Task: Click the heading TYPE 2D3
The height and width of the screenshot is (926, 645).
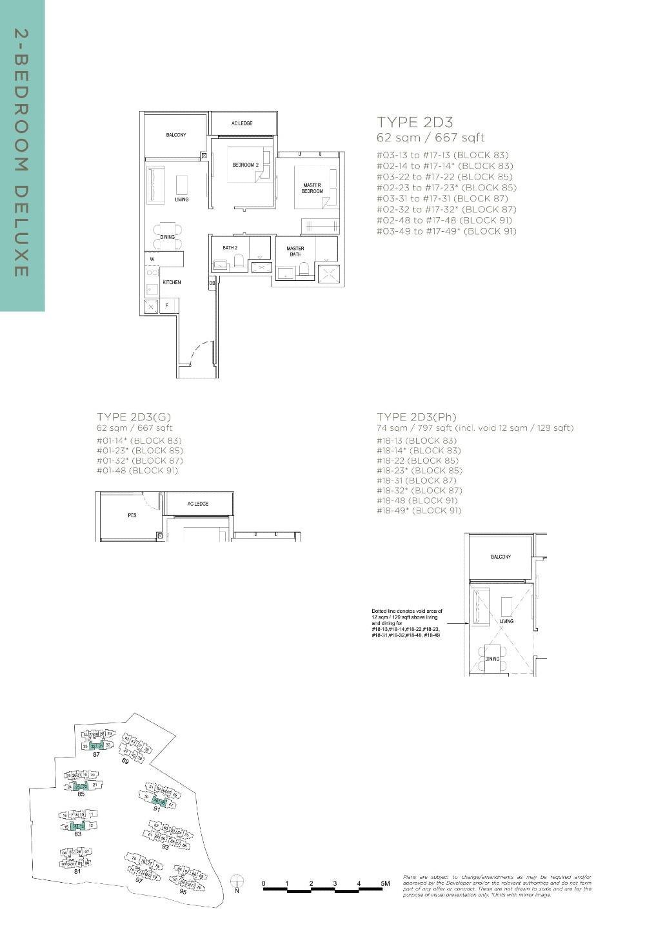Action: pyautogui.click(x=415, y=122)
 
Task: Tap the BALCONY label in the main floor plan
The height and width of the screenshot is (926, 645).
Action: pyautogui.click(x=175, y=135)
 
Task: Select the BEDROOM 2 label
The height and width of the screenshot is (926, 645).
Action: pyautogui.click(x=245, y=165)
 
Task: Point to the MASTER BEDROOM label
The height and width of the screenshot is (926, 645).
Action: pyautogui.click(x=312, y=189)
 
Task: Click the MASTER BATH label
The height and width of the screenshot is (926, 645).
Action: pyautogui.click(x=295, y=251)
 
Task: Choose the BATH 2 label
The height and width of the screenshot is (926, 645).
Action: pyautogui.click(x=230, y=248)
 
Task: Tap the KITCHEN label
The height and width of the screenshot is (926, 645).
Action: pyautogui.click(x=172, y=283)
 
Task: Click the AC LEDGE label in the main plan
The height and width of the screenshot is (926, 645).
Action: pyautogui.click(x=242, y=123)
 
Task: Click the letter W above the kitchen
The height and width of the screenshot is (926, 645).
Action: pyautogui.click(x=152, y=260)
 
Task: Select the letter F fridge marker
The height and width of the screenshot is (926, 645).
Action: pyautogui.click(x=168, y=305)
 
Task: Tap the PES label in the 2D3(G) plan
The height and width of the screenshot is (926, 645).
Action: pyautogui.click(x=132, y=515)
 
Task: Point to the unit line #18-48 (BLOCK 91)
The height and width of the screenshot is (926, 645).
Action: pyautogui.click(x=417, y=500)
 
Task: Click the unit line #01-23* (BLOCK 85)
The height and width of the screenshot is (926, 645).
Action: pyautogui.click(x=139, y=451)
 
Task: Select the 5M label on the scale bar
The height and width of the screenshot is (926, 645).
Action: pyautogui.click(x=385, y=883)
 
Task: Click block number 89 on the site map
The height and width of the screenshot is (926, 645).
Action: pyautogui.click(x=125, y=762)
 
